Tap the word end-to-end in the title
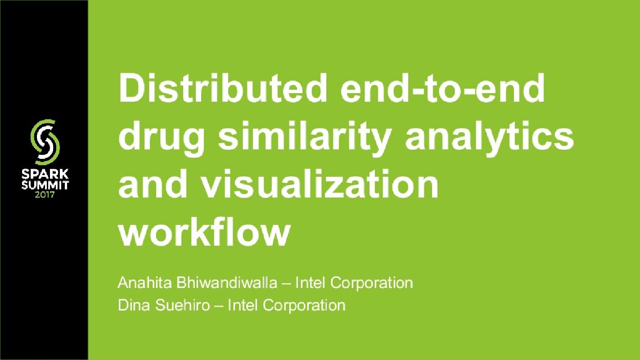(x=443, y=88)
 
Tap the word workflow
(x=203, y=233)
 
